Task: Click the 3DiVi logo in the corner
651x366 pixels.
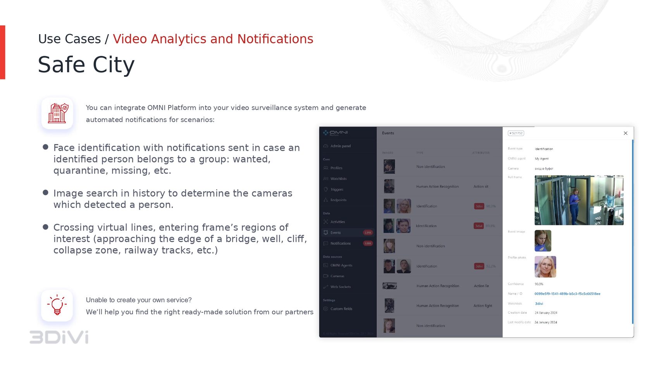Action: click(x=59, y=337)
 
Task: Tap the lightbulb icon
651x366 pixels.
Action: click(x=57, y=305)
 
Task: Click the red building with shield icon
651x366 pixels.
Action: click(x=57, y=113)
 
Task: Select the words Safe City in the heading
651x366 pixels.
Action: click(x=86, y=64)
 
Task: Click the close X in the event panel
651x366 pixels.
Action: click(x=625, y=133)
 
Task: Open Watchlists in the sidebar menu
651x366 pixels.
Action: click(x=338, y=179)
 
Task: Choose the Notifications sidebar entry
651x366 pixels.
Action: click(x=340, y=243)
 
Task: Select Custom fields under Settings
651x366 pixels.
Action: click(x=341, y=309)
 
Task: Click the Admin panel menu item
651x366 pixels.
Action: click(x=340, y=146)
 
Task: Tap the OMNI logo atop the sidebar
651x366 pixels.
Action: click(x=336, y=133)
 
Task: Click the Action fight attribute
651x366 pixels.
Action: click(x=482, y=306)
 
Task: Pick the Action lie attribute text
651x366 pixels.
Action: click(x=481, y=286)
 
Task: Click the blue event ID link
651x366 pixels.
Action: click(x=567, y=294)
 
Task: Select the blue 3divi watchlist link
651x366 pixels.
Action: click(x=539, y=304)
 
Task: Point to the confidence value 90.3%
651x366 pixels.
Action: click(x=539, y=284)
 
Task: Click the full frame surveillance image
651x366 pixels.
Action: click(x=579, y=200)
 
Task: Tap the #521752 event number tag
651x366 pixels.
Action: click(x=516, y=133)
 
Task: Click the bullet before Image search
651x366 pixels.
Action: click(x=45, y=193)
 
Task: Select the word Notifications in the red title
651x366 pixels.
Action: click(x=275, y=39)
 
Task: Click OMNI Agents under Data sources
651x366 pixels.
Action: click(x=341, y=266)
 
